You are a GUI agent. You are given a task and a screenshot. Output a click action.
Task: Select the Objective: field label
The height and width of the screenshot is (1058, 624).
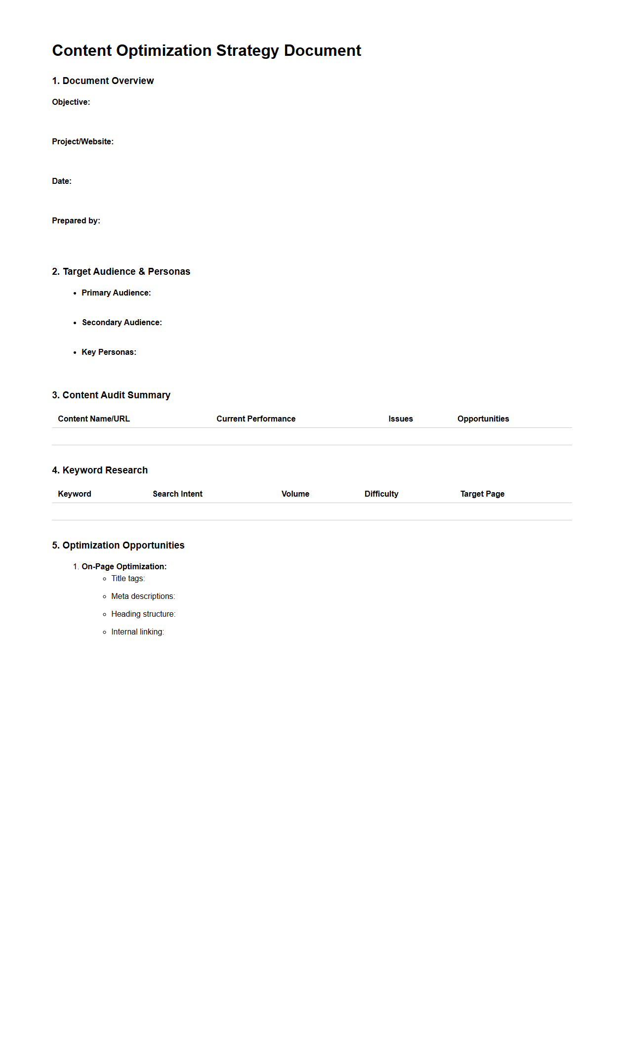point(71,102)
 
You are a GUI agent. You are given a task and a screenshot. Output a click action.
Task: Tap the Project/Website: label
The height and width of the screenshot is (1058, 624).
point(83,142)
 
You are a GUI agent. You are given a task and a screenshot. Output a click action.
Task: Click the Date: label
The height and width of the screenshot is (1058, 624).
point(62,181)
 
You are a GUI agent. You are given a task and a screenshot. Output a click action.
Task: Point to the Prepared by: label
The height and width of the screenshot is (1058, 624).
point(76,221)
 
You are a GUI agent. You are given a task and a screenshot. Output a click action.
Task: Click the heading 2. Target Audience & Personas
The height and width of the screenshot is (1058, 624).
point(121,272)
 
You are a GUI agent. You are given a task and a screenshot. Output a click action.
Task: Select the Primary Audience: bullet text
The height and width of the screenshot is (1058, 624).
point(116,293)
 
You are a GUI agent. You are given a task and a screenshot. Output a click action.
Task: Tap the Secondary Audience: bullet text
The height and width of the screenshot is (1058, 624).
point(122,323)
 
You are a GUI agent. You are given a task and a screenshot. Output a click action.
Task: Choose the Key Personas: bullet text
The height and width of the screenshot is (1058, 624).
point(109,352)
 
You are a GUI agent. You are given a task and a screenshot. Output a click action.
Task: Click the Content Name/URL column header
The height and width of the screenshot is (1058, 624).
point(94,419)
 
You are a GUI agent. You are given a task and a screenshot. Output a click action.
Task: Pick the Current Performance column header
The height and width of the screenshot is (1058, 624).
point(256,419)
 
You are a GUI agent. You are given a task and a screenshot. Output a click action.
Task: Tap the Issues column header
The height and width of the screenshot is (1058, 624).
point(401,419)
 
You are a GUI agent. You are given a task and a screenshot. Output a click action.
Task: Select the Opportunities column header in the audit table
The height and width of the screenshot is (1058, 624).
point(483,419)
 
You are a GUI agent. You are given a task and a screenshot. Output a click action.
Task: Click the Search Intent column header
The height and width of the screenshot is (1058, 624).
point(177,494)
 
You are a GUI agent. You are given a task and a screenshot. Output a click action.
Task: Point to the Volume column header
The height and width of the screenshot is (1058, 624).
point(295,494)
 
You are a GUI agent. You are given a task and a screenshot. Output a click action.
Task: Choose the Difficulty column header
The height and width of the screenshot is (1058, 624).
point(381,494)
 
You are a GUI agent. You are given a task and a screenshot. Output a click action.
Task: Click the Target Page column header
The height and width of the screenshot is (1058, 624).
point(482,494)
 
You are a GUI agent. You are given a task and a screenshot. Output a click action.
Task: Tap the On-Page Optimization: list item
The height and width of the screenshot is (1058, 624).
point(124,567)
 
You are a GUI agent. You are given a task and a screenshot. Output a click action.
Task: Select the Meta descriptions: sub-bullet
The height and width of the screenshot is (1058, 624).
point(143,596)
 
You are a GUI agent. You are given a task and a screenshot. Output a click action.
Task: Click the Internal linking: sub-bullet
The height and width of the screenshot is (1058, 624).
point(137,632)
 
